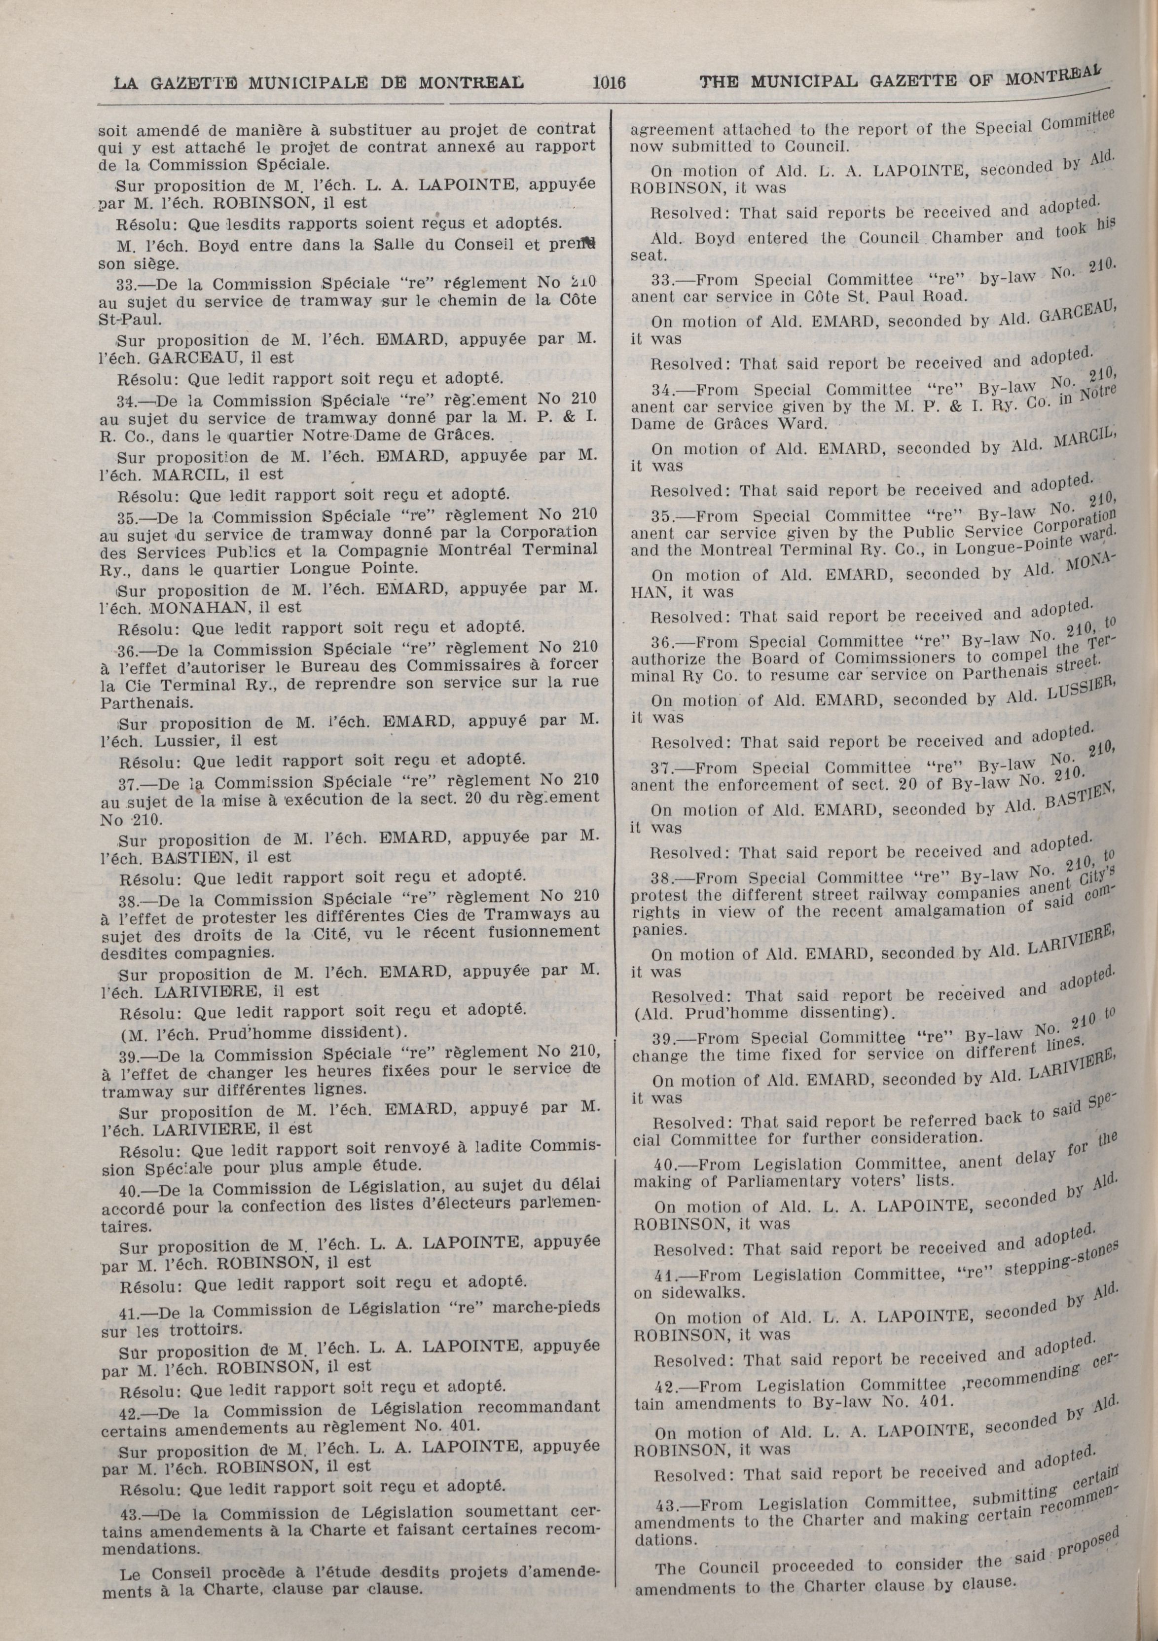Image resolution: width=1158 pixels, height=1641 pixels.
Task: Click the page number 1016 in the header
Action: [609, 82]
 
